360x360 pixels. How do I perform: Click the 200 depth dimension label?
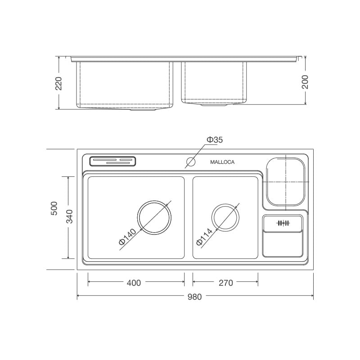tap(305, 81)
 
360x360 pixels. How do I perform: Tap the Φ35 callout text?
tap(215, 140)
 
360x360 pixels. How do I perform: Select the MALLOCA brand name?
tap(222, 162)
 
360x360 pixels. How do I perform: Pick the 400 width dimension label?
tap(134, 283)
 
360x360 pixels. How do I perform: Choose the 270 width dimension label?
tap(225, 283)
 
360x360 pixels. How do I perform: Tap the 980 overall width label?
tap(194, 297)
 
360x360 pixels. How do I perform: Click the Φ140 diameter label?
tap(127, 237)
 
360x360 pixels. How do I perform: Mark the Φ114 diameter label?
tap(204, 237)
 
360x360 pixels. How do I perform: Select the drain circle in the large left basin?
tap(155, 217)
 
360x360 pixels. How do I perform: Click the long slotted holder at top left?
tap(113, 161)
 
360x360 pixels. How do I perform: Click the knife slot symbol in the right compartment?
tap(283, 223)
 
